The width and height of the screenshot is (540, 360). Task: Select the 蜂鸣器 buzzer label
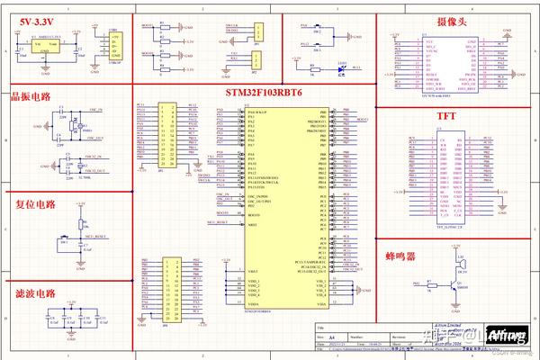400,256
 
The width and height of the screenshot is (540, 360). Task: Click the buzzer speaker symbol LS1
461,265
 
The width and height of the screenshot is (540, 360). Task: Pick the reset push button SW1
64,242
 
